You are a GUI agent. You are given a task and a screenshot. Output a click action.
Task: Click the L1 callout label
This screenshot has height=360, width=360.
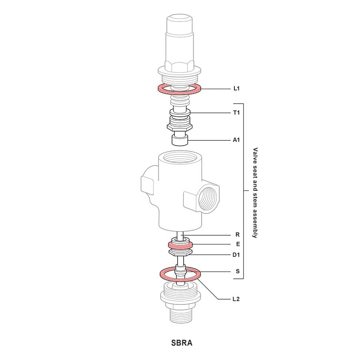coord(236,88)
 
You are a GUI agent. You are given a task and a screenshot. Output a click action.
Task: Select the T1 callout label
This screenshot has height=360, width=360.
coord(236,113)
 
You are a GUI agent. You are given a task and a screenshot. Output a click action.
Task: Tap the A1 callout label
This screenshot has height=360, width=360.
coord(236,140)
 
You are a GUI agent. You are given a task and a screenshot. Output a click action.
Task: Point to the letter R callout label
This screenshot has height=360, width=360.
coord(238,235)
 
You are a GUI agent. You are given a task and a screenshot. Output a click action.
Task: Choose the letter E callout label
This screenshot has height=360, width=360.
coord(238,244)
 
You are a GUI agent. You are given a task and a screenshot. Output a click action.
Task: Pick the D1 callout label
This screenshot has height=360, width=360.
coord(236,255)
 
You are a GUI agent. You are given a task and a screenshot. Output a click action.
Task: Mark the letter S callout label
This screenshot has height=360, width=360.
coord(238,271)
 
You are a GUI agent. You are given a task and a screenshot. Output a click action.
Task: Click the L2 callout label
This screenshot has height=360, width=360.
coord(236,299)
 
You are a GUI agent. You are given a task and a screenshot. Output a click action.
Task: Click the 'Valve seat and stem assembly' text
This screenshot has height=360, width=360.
coord(255,193)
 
